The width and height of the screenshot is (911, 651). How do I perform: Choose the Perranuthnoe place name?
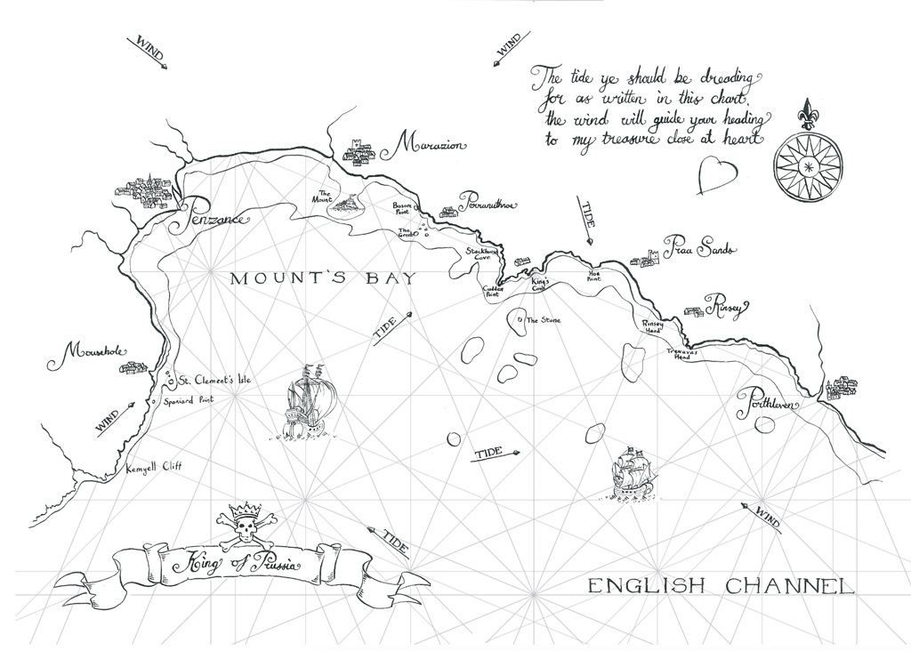(x=488, y=204)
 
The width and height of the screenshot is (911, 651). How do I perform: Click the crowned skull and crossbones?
(x=243, y=527)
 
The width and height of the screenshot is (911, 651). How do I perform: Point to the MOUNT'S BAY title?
(x=322, y=279)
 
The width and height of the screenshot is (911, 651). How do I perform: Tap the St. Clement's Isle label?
(x=214, y=381)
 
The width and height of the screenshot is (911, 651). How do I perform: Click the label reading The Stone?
(x=543, y=319)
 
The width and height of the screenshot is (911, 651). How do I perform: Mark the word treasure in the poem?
(x=636, y=140)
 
